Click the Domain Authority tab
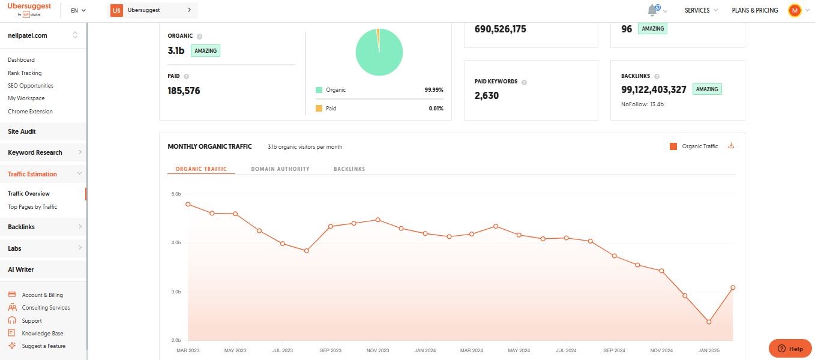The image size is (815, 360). click(x=280, y=169)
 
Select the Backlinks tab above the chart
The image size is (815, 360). click(x=349, y=169)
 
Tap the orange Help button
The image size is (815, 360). click(x=790, y=349)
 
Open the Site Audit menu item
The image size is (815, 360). click(x=22, y=131)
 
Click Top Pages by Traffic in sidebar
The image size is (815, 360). click(x=32, y=207)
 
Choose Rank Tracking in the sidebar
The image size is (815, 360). click(x=25, y=73)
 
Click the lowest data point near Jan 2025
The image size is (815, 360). click(x=709, y=322)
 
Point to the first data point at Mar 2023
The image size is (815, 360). click(x=188, y=204)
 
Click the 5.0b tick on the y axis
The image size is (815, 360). click(x=176, y=194)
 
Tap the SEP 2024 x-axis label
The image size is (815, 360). click(x=614, y=350)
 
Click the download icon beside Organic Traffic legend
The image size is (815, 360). click(x=731, y=146)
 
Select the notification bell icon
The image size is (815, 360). click(x=652, y=11)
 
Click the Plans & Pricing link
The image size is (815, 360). click(x=754, y=10)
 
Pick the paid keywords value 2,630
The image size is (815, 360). click(x=487, y=95)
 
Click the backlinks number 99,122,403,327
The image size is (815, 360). click(x=654, y=89)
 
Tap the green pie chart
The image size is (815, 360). click(x=379, y=53)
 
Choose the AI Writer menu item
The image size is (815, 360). click(x=21, y=269)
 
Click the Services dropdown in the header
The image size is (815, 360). click(x=700, y=10)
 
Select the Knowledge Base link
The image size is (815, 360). click(x=43, y=334)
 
